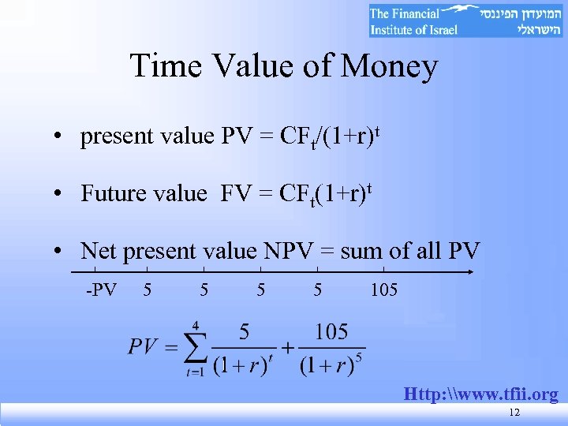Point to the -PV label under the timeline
pos(102,290)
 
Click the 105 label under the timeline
pos(384,290)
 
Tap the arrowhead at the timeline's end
pos(469,272)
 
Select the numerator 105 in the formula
pos(331,331)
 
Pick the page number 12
pos(514,413)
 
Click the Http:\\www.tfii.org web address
pos(480,394)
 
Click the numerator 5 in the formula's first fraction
pos(245,331)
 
